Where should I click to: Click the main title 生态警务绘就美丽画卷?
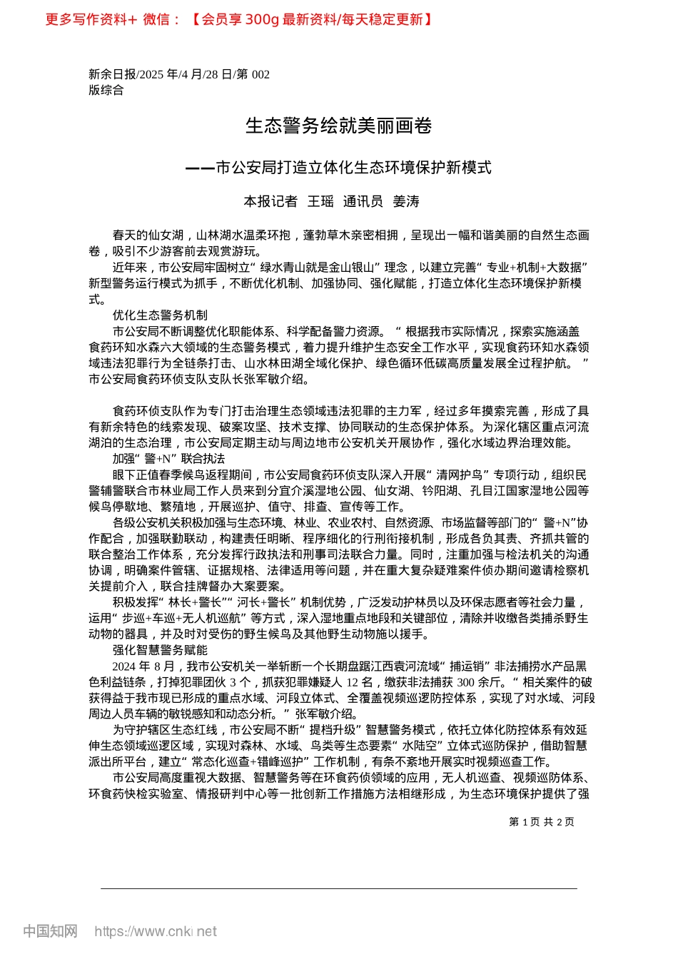click(338, 126)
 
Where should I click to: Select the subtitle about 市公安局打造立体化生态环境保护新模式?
click(338, 168)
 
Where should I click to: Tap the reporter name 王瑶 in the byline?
click(320, 202)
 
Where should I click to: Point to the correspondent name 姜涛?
click(406, 202)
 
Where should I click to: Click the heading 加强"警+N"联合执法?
click(168, 458)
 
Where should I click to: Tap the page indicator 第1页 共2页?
click(541, 822)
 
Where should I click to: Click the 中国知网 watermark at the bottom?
click(50, 931)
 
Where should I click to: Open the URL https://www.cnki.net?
click(155, 931)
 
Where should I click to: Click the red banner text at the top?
click(239, 19)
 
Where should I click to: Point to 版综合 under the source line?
click(106, 90)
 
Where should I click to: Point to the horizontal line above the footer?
click(338, 888)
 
